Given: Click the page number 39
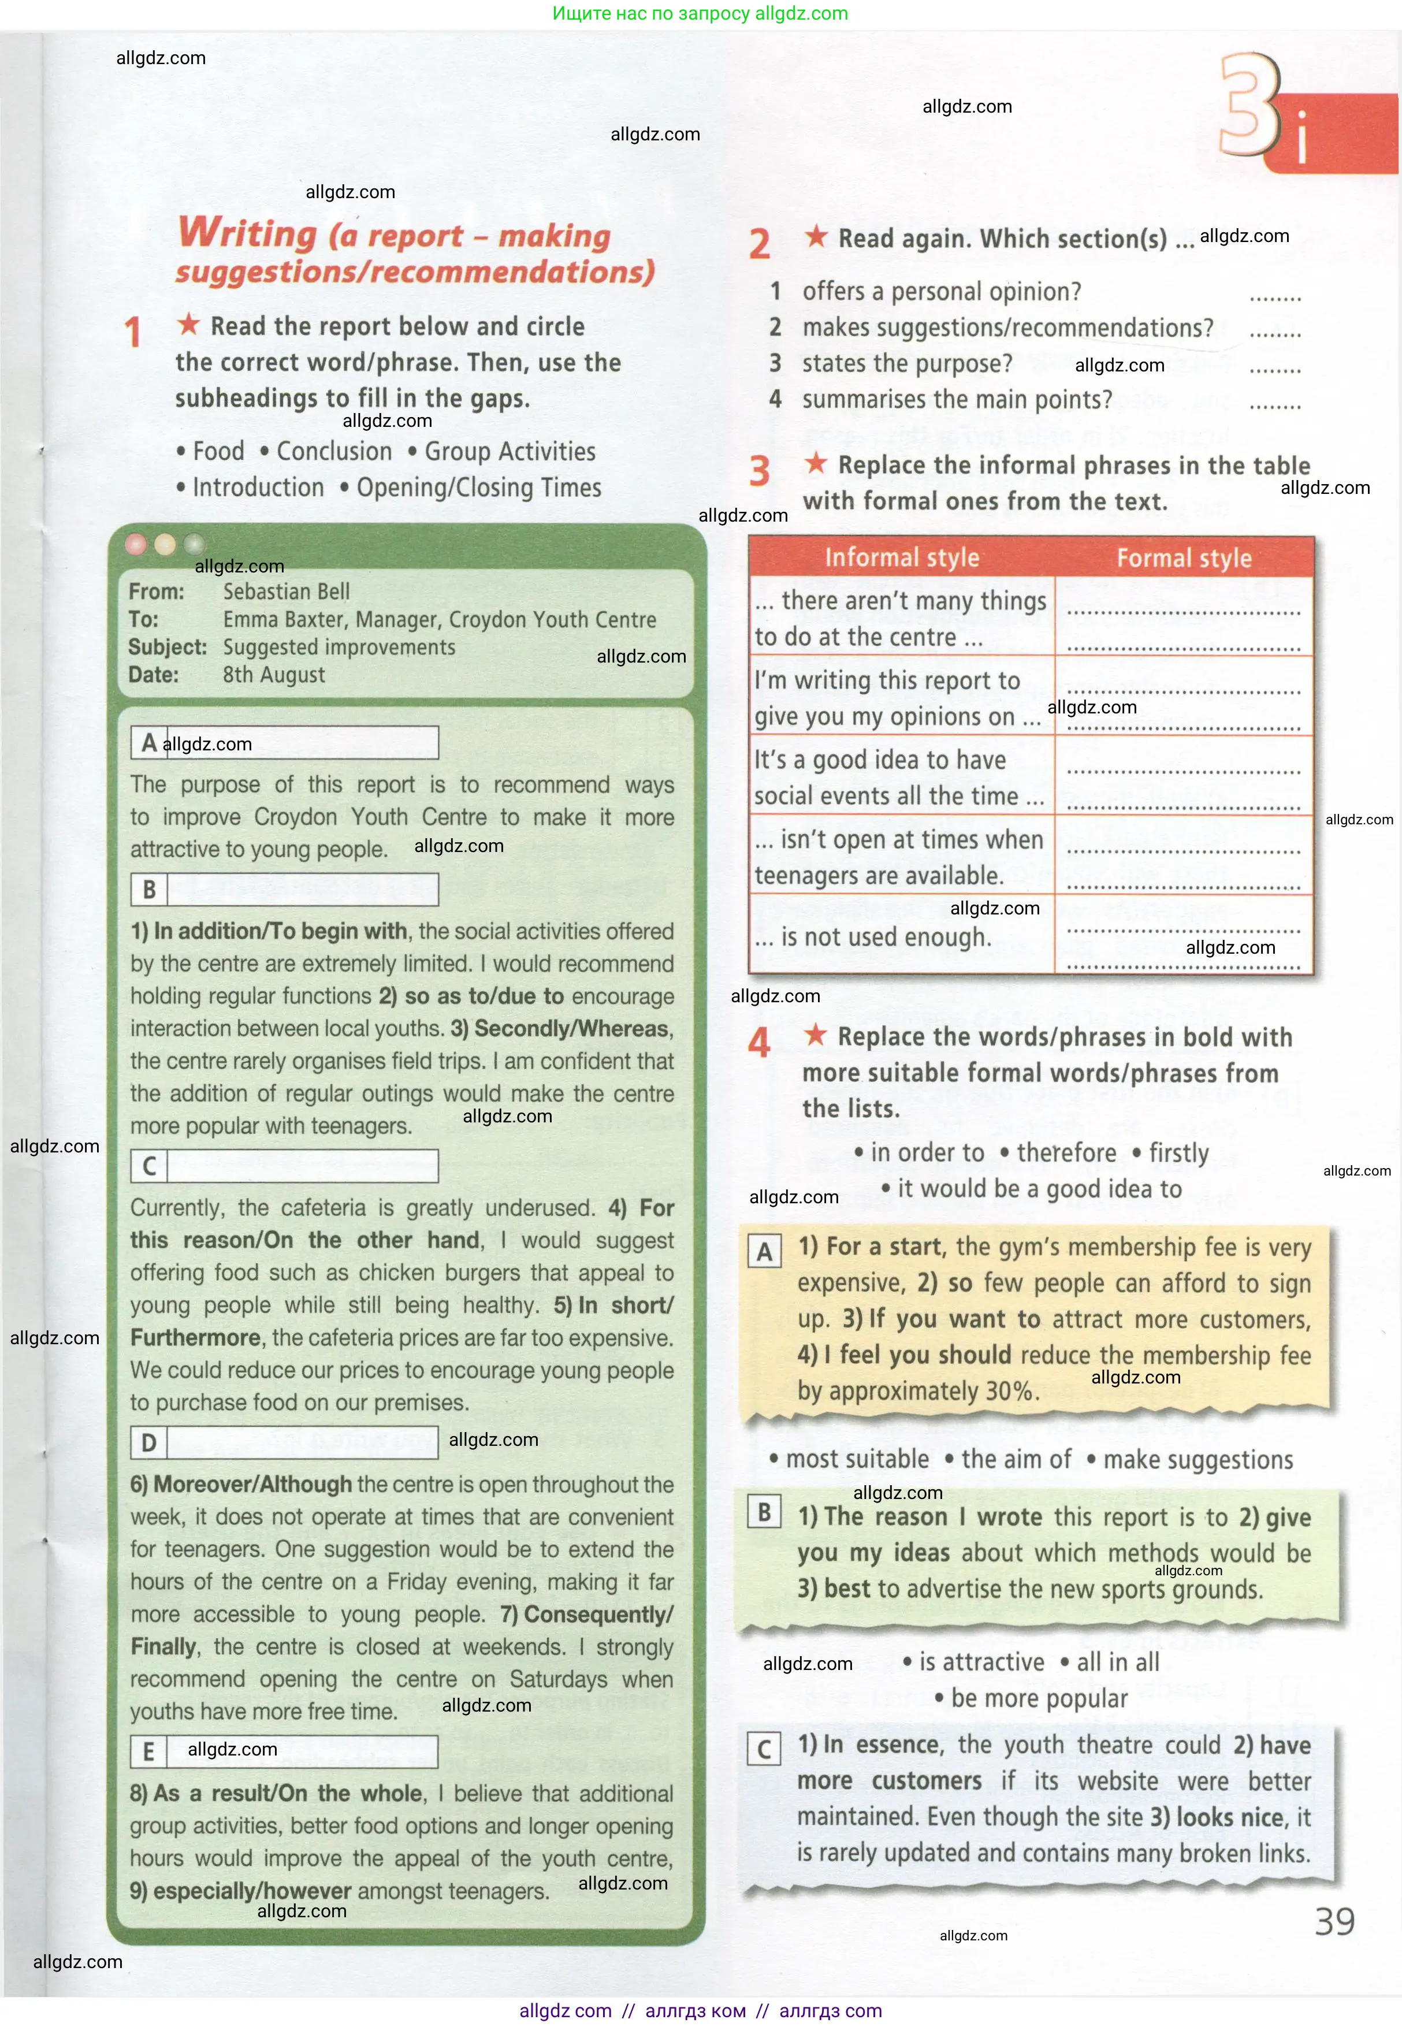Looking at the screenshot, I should click(x=1333, y=1922).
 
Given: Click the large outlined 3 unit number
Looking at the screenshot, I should click(x=1248, y=103).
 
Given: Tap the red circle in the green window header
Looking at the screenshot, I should click(x=136, y=545).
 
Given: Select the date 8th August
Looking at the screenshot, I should click(x=273, y=675).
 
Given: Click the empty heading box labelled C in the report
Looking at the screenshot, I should click(x=302, y=1166).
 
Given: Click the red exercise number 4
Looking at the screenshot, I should click(x=759, y=1043).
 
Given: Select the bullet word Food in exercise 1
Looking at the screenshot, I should click(x=218, y=451).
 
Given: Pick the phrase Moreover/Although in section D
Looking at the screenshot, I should click(x=253, y=1484).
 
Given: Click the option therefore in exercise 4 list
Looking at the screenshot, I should click(x=1066, y=1152).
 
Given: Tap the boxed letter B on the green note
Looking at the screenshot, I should click(x=764, y=1512).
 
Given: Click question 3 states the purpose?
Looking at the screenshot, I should click(x=906, y=363).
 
